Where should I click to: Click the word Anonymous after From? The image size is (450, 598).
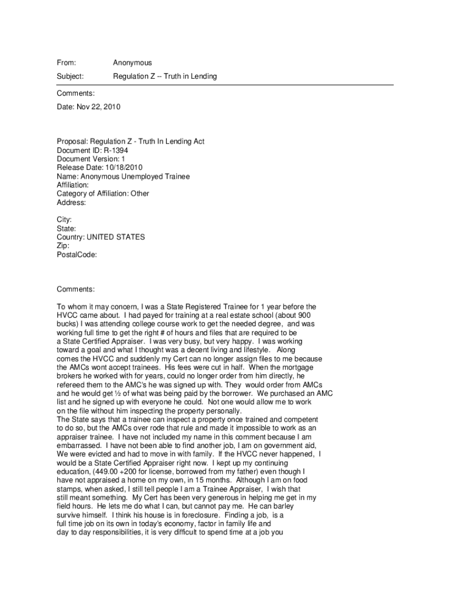pos(132,62)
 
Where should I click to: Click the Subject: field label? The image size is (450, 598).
pos(70,77)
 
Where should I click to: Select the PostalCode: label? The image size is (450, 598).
pos(77,255)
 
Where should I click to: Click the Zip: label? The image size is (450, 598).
pos(63,246)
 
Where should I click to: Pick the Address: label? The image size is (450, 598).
pos(71,203)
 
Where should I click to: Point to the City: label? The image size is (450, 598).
pos(64,220)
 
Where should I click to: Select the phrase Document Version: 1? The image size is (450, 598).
pos(91,159)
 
